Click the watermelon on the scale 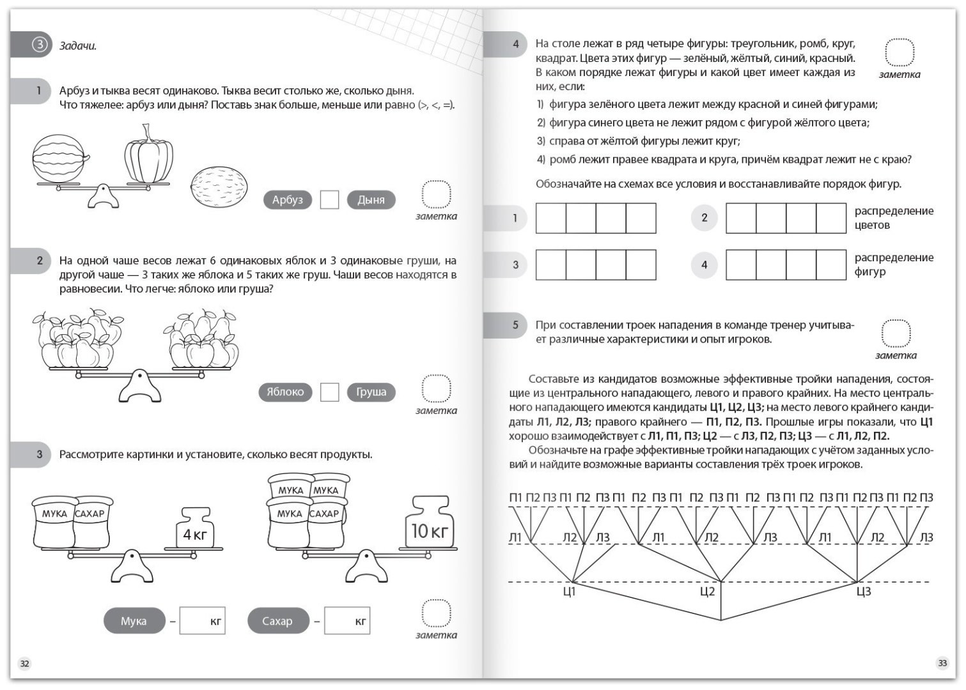point(60,158)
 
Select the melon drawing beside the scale point(219,187)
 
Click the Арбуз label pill point(288,200)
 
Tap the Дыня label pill point(371,200)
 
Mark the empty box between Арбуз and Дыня point(329,200)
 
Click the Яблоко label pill point(285,392)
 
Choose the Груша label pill point(371,392)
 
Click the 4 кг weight point(195,528)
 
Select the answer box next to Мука point(202,620)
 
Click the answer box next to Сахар point(347,620)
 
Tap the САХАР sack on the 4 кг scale point(91,523)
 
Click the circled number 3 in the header point(40,44)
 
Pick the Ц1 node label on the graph point(569,592)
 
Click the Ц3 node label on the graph point(864,592)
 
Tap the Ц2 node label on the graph point(708,592)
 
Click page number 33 point(942,663)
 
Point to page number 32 point(24,664)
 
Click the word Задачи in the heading point(78,46)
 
